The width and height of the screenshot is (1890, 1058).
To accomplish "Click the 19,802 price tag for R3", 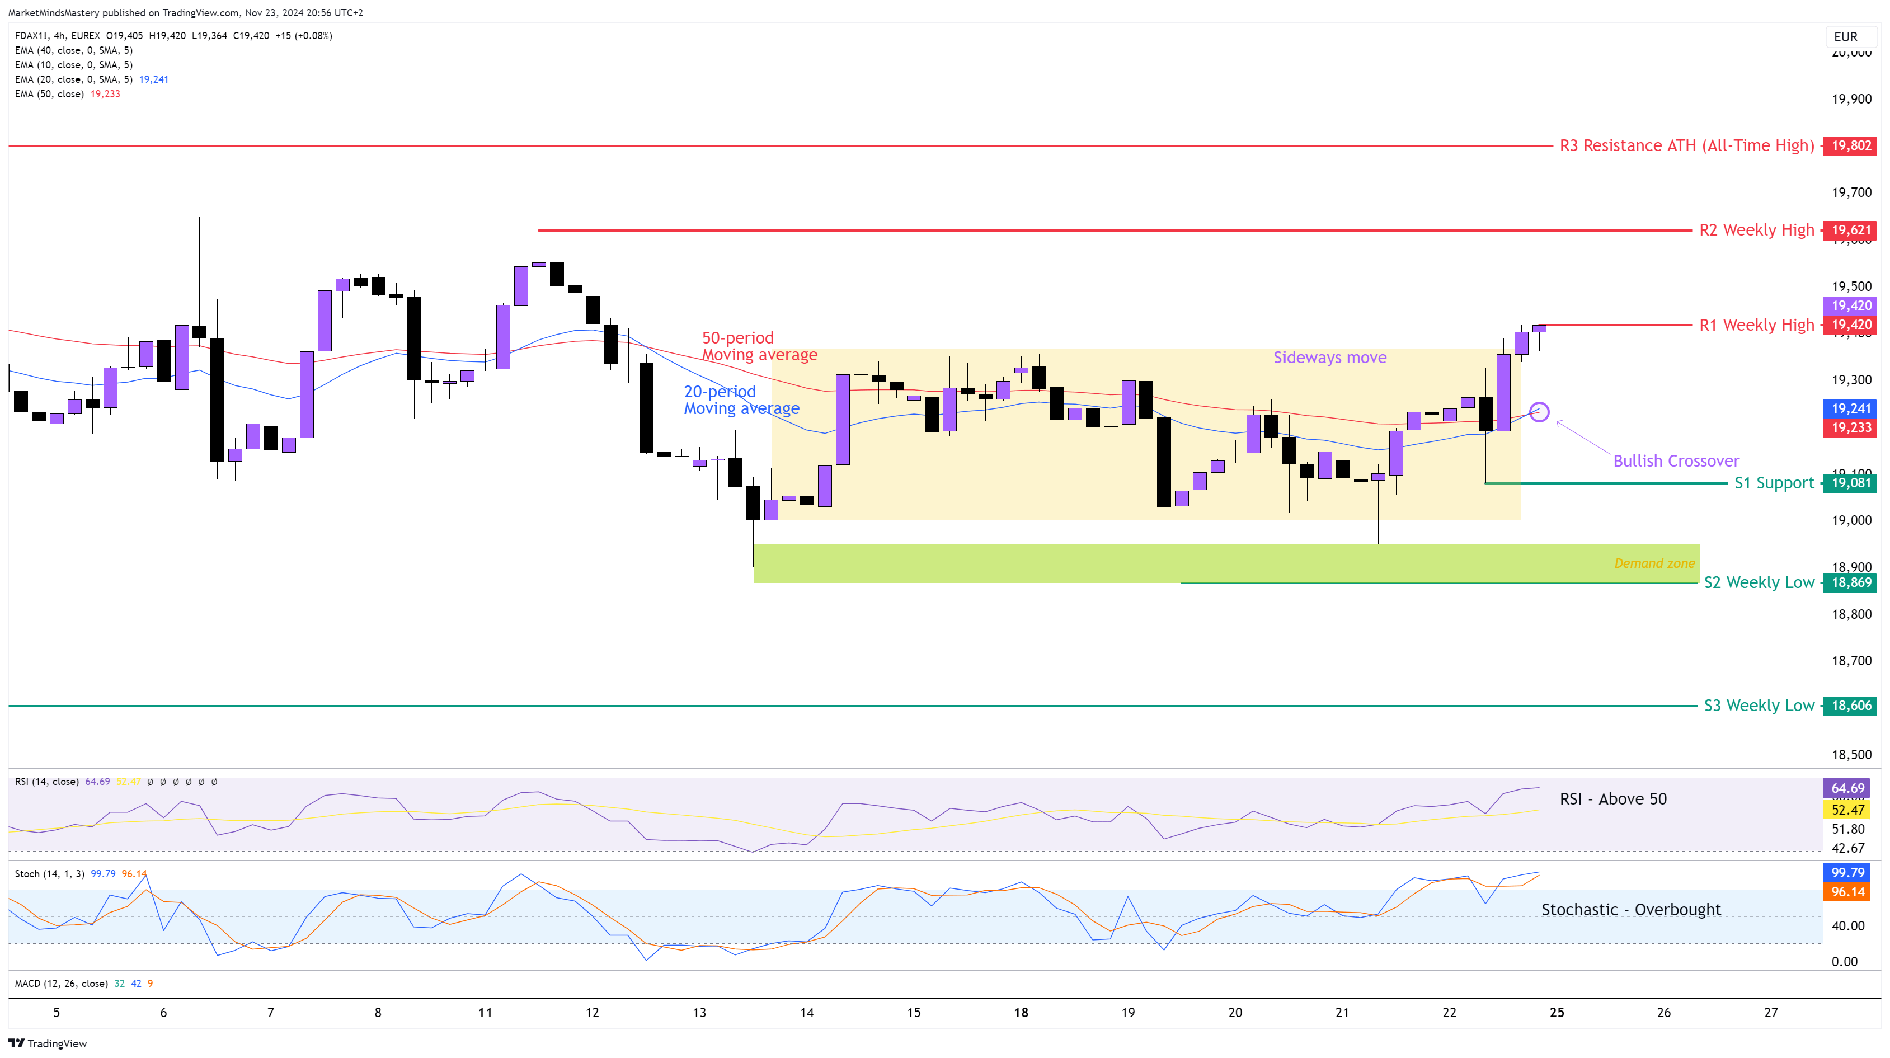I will pyautogui.click(x=1850, y=145).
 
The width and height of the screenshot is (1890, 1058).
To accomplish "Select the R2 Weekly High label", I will pyautogui.click(x=1756, y=231).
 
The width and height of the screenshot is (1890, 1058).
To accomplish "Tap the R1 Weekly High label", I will pyautogui.click(x=1756, y=325).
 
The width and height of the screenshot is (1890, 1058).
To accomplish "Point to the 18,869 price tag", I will pyautogui.click(x=1850, y=582).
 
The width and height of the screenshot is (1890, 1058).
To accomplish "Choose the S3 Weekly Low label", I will pyautogui.click(x=1758, y=706).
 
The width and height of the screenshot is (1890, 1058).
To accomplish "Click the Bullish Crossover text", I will pyautogui.click(x=1676, y=461).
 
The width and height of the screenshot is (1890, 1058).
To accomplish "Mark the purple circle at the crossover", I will pyautogui.click(x=1539, y=412).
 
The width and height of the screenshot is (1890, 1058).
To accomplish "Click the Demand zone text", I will pyautogui.click(x=1654, y=563).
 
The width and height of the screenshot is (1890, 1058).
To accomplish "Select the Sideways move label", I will pyautogui.click(x=1329, y=358).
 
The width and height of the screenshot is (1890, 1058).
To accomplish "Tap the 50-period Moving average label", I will pyautogui.click(x=759, y=346).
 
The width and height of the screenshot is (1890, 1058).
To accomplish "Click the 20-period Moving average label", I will pyautogui.click(x=741, y=400).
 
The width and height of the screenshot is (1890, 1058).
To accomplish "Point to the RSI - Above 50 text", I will pyautogui.click(x=1612, y=799).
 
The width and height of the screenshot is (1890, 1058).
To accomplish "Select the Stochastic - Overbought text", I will pyautogui.click(x=1630, y=910).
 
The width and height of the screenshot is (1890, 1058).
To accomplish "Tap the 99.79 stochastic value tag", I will pyautogui.click(x=1847, y=872).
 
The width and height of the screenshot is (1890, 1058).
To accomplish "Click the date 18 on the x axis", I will pyautogui.click(x=1021, y=1013).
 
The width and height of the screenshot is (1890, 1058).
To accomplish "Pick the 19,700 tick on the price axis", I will pyautogui.click(x=1851, y=192).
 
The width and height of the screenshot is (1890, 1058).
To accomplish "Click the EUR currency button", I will pyautogui.click(x=1845, y=37).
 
